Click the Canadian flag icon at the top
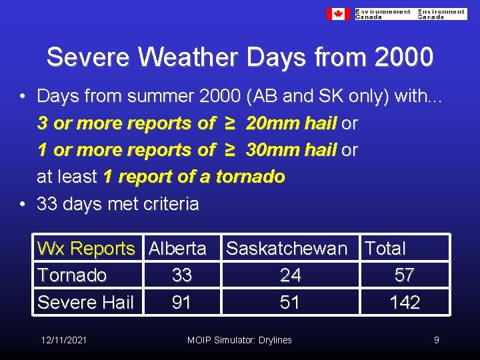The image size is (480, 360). click(338, 14)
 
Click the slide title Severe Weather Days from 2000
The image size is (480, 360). click(240, 57)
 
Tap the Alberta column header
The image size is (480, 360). click(177, 249)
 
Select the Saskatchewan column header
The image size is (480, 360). click(287, 249)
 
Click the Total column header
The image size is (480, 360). click(385, 249)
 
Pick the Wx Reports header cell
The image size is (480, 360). click(86, 249)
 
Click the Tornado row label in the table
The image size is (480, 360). click(72, 275)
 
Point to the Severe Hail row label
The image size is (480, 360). click(85, 302)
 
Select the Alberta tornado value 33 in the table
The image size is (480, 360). click(181, 275)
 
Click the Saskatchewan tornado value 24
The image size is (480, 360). click(290, 275)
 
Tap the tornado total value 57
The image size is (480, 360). click(404, 275)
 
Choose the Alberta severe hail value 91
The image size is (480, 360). click(181, 302)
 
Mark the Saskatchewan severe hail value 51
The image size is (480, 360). click(290, 302)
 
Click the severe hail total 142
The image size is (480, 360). click(405, 302)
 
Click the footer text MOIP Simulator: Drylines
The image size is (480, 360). click(239, 340)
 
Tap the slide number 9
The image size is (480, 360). click(437, 340)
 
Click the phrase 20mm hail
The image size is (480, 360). click(291, 123)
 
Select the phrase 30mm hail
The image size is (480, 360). click(291, 150)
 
